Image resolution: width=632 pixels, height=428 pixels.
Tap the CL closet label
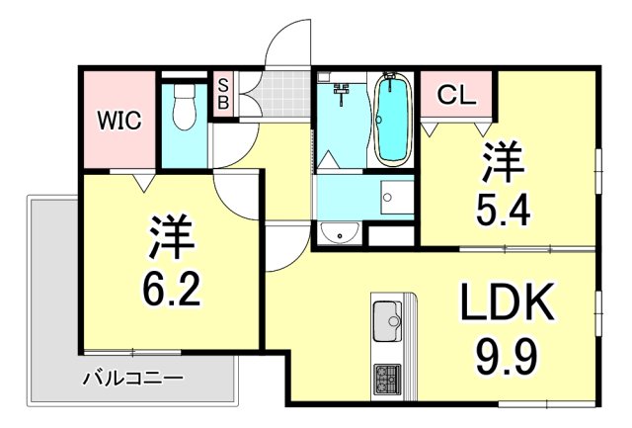pyautogui.click(x=457, y=96)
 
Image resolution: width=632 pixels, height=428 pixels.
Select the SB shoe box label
pyautogui.click(x=223, y=93)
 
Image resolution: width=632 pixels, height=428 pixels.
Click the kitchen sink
pyautogui.click(x=385, y=321)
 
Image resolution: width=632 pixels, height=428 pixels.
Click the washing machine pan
pyautogui.click(x=398, y=199)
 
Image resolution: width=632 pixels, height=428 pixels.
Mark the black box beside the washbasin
pyautogui.click(x=390, y=236)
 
